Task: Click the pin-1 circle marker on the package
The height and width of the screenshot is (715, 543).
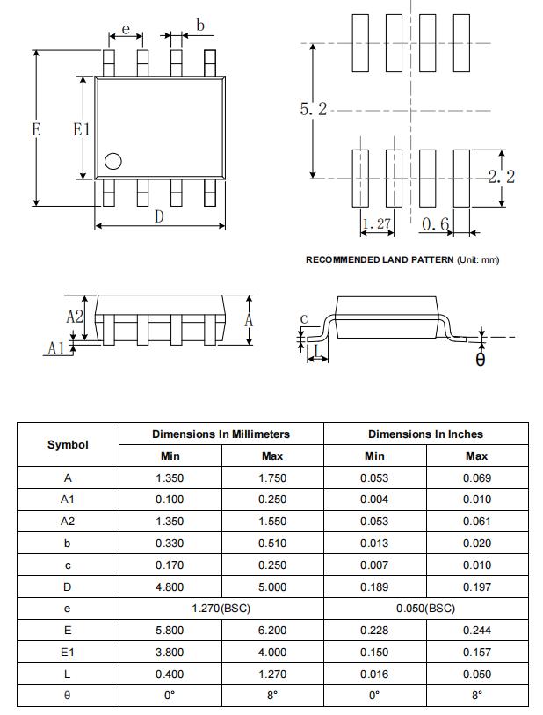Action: [112, 161]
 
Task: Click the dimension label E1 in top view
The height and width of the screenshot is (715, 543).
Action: [82, 129]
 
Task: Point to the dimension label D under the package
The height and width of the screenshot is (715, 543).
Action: [159, 216]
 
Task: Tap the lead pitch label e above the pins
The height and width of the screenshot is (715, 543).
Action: [126, 29]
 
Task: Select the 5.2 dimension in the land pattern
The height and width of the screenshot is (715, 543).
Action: [313, 109]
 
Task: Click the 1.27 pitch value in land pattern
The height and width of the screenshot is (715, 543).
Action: [376, 224]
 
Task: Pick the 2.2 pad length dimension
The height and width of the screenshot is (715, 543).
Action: [501, 177]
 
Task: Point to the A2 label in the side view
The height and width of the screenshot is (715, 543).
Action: [75, 317]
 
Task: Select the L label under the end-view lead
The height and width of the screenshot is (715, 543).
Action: [317, 354]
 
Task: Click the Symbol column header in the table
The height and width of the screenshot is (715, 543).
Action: [68, 445]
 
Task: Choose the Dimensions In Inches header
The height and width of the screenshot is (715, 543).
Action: [425, 434]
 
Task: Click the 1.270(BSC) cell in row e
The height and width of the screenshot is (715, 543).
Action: [221, 609]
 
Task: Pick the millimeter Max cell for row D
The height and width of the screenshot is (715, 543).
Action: [272, 587]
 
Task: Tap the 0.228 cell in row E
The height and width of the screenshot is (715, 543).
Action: [374, 630]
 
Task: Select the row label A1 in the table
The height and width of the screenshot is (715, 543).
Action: [68, 500]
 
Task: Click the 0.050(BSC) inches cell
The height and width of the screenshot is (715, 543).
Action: [425, 609]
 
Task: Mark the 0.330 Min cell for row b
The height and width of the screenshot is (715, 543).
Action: [170, 543]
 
